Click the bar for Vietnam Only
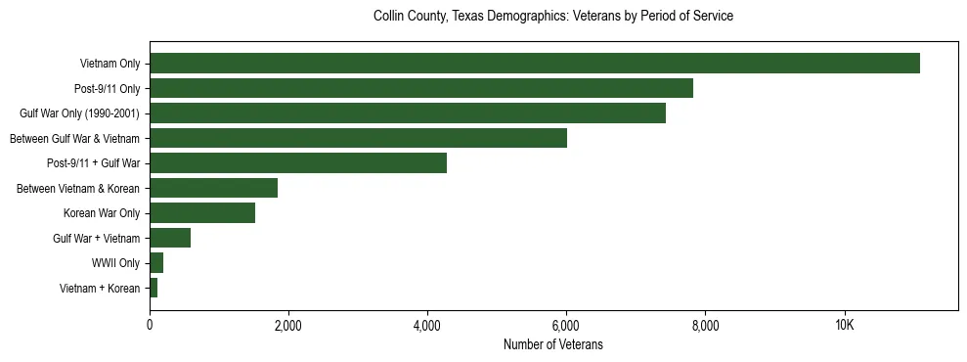tap(534, 64)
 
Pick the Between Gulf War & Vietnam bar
tap(358, 138)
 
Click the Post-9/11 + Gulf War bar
tap(297, 163)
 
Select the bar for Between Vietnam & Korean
tap(213, 188)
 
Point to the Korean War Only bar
tap(201, 213)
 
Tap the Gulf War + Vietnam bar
tap(169, 238)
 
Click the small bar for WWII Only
tap(156, 263)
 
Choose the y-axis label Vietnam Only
tap(110, 65)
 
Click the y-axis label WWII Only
tap(115, 263)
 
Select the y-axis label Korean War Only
tap(102, 213)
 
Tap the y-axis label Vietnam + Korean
tap(100, 289)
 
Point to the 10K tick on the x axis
tap(844, 326)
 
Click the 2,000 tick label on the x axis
tap(288, 326)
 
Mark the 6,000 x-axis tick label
tap(566, 326)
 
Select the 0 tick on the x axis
tap(150, 326)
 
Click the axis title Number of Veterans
tap(552, 345)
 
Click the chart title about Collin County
tap(552, 17)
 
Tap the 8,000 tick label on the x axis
tap(705, 326)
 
